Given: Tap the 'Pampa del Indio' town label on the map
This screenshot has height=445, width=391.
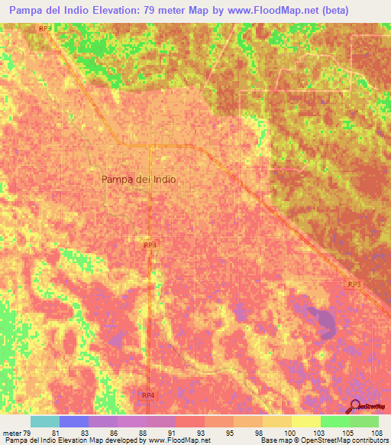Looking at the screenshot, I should (138, 180).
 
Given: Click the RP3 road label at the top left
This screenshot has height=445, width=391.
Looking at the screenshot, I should (46, 28).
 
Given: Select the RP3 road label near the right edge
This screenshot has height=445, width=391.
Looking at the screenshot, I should (354, 284).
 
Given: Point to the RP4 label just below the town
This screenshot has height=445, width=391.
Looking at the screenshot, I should (150, 245).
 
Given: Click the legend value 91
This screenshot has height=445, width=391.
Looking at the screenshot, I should (173, 432).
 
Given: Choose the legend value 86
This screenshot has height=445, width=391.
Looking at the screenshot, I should (115, 432).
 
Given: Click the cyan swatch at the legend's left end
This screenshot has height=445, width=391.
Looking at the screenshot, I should (44, 421).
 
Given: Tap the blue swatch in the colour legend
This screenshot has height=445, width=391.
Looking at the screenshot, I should (74, 421).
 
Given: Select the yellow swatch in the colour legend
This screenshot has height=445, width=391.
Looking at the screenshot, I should (305, 421).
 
